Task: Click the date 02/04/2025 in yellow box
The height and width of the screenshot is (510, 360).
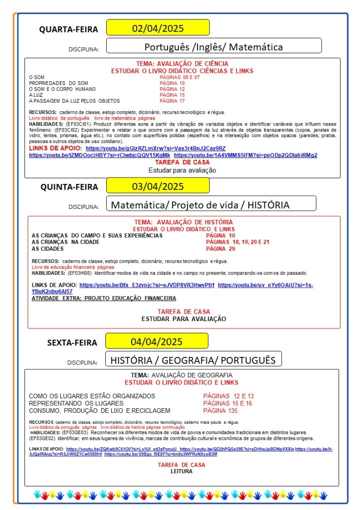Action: [158, 27]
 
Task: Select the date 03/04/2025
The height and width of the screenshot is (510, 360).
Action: [158, 187]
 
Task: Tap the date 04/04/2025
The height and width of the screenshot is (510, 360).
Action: [157, 341]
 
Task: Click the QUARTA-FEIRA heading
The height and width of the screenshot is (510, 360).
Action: [69, 29]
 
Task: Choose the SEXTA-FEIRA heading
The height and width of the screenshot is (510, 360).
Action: [73, 343]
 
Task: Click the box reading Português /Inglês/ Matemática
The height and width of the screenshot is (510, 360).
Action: [213, 47]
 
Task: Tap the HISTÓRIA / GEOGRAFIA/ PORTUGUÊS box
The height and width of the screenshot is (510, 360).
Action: [192, 359]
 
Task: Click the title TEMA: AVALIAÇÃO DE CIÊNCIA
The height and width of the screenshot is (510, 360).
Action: [182, 64]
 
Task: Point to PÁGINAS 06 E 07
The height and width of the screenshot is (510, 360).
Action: [180, 77]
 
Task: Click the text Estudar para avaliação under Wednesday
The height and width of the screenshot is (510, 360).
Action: [182, 170]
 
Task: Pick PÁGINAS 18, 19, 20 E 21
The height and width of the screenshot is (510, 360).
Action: [237, 242]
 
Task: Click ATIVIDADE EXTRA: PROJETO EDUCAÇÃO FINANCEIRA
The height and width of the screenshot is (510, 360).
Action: [104, 298]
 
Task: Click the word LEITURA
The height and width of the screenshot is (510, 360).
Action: [181, 471]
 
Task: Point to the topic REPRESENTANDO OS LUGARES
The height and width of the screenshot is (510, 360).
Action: [76, 403]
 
